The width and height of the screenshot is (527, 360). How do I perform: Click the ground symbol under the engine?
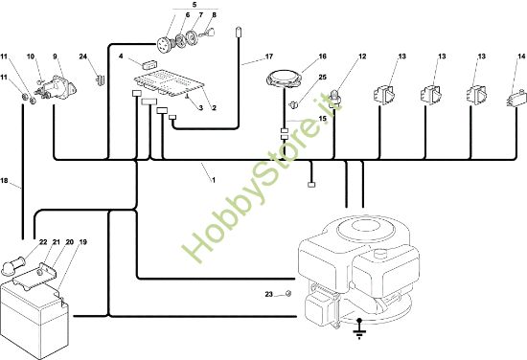click(x=359, y=329)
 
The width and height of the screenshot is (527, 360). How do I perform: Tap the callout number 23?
click(x=268, y=295)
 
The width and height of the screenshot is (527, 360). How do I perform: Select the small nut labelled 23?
click(x=287, y=294)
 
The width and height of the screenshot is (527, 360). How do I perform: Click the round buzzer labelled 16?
click(x=284, y=79)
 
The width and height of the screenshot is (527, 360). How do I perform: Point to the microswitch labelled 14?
click(x=516, y=98)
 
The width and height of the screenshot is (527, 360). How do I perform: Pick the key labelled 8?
click(x=208, y=33)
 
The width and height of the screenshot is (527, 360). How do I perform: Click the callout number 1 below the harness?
click(x=213, y=180)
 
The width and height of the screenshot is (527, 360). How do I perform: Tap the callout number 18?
click(x=4, y=181)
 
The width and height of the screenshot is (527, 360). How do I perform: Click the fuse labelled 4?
click(x=149, y=64)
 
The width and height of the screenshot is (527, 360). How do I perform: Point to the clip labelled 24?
click(x=101, y=79)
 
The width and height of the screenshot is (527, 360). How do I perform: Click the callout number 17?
click(x=269, y=56)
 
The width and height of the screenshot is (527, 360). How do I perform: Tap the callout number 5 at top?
click(x=195, y=5)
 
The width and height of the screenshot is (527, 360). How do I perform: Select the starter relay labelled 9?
click(x=57, y=87)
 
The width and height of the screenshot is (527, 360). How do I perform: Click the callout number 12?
click(x=362, y=56)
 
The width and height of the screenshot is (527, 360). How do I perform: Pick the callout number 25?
click(x=322, y=78)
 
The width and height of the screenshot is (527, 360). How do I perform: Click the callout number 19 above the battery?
click(x=82, y=242)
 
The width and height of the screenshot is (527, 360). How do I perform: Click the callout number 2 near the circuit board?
click(x=214, y=108)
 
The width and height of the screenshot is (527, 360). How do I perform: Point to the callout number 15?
click(x=322, y=119)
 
